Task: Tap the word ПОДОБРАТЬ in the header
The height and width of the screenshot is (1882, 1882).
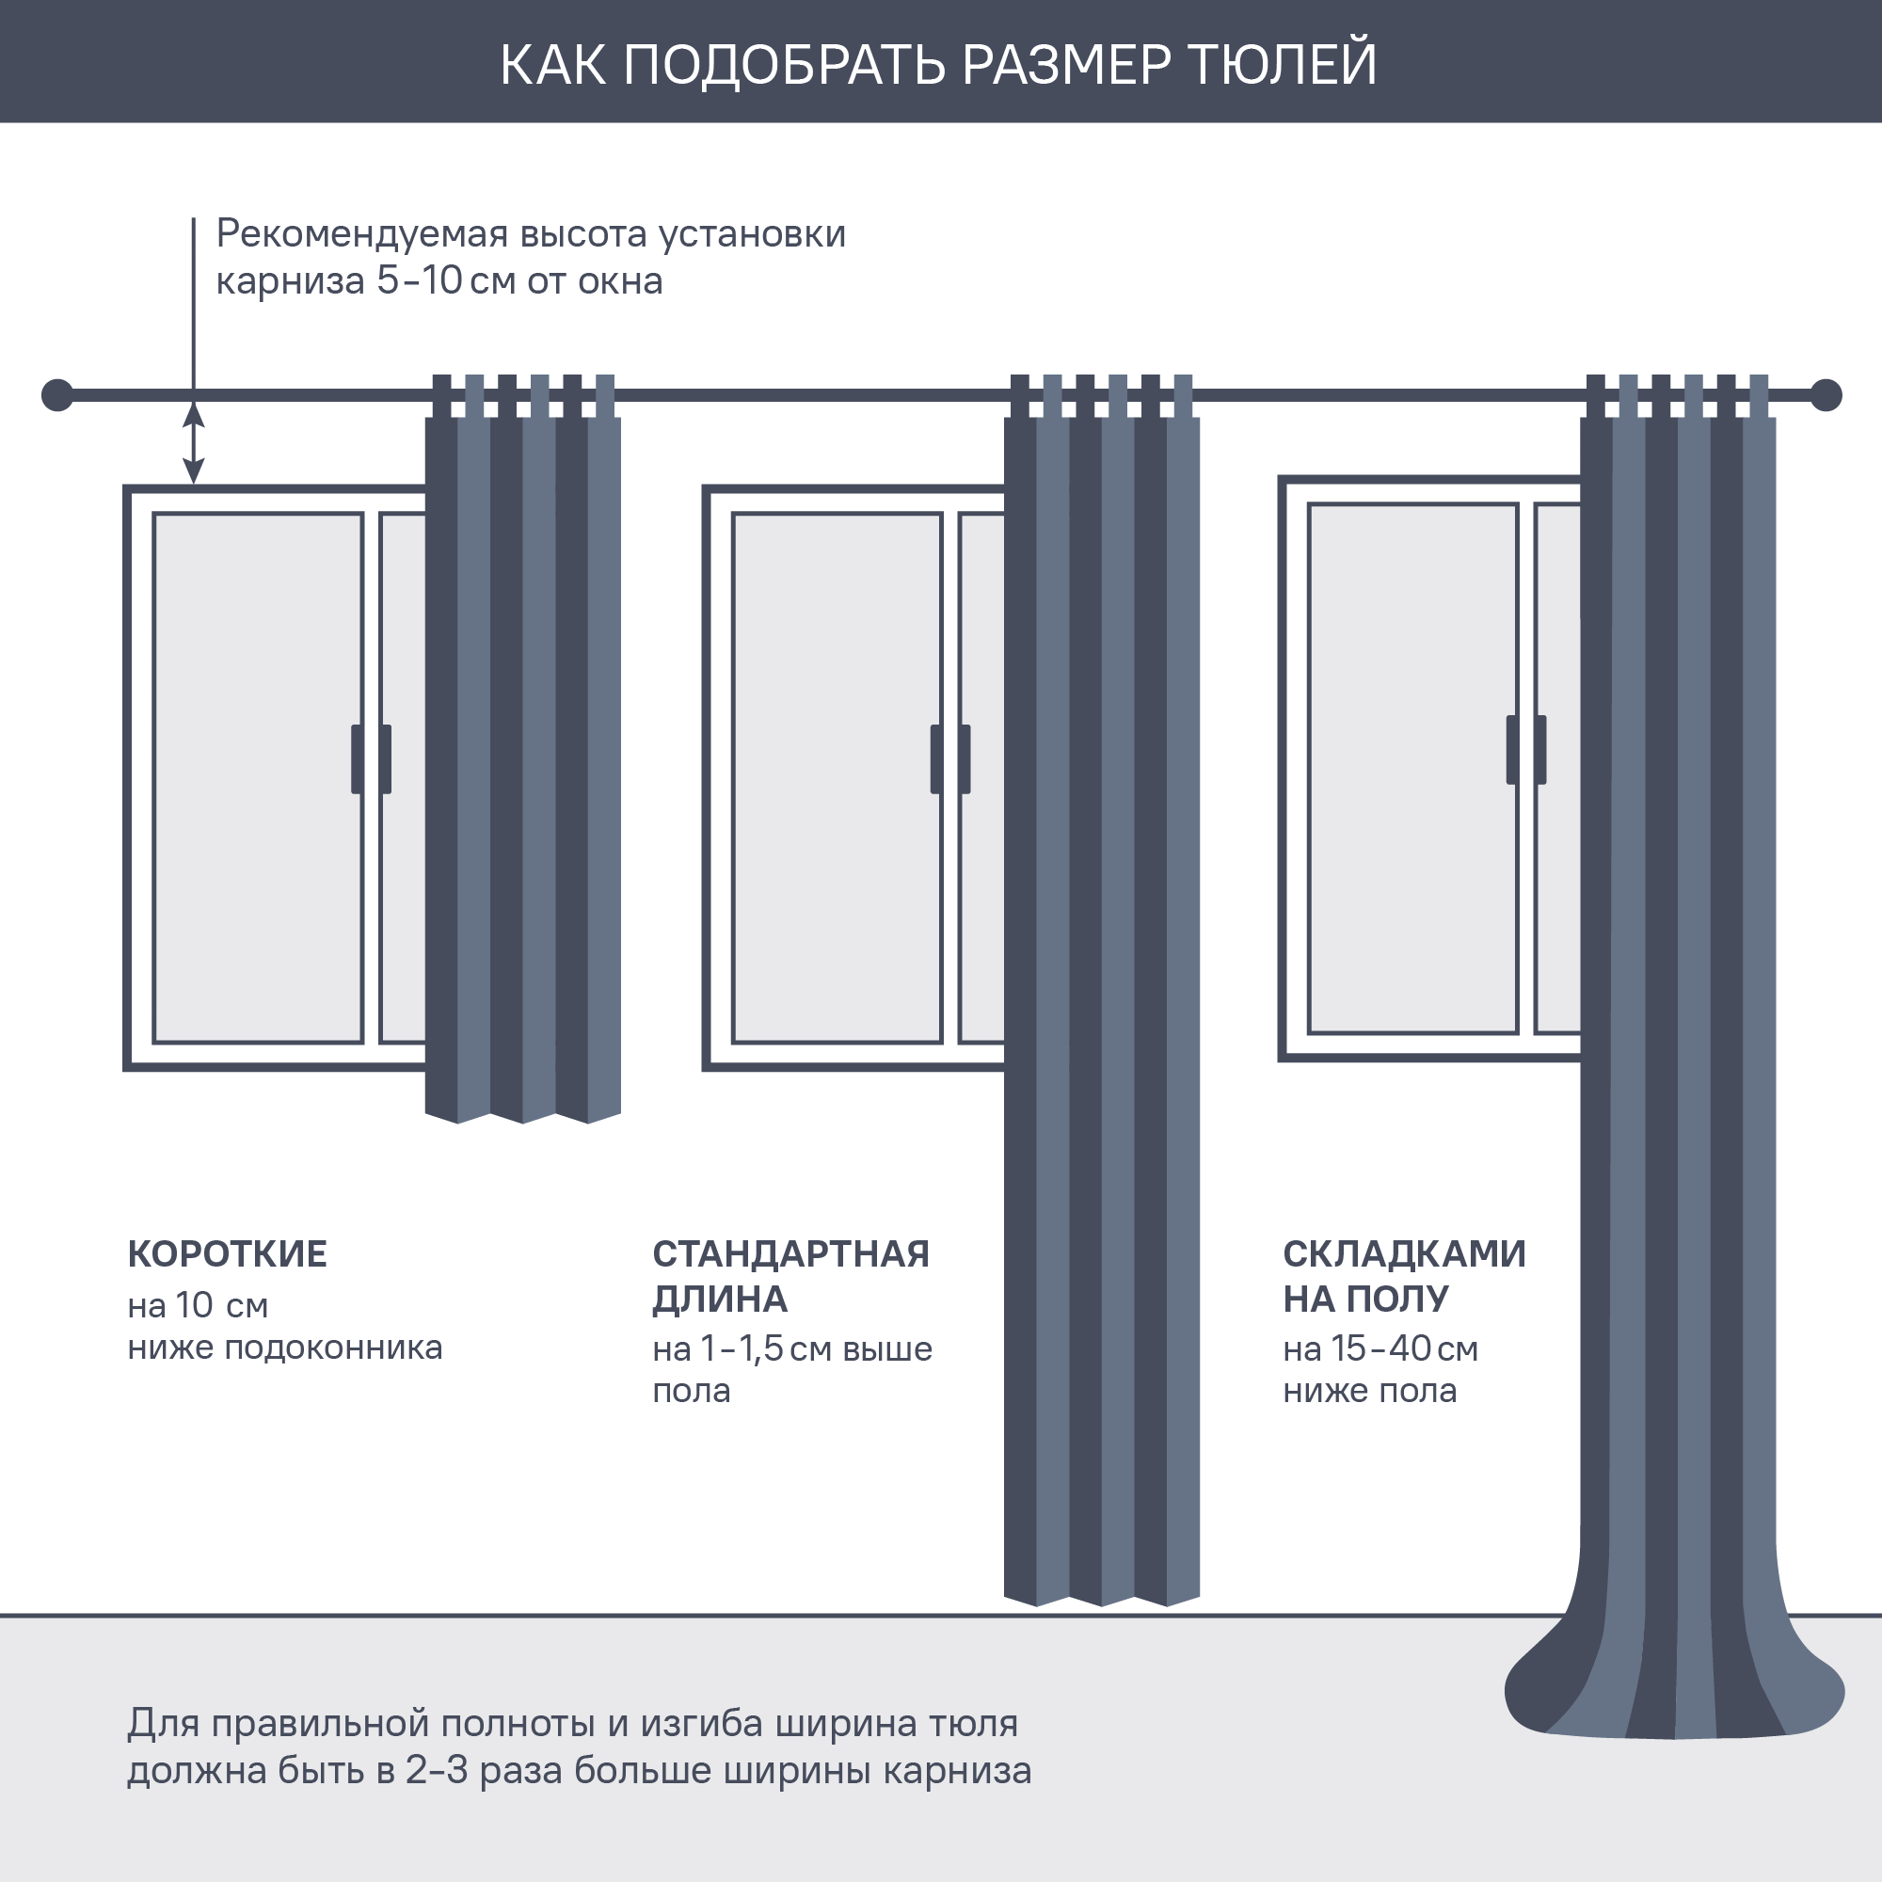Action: [x=784, y=64]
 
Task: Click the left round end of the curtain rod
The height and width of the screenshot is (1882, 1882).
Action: [x=57, y=395]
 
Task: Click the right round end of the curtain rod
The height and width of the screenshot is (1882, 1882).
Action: [x=1826, y=395]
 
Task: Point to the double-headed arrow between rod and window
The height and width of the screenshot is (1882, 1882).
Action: [x=194, y=442]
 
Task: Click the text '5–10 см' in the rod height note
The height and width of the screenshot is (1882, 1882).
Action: [x=446, y=281]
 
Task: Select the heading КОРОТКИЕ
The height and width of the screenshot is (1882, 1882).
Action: [x=227, y=1253]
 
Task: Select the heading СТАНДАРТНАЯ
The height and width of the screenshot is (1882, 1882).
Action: [x=790, y=1253]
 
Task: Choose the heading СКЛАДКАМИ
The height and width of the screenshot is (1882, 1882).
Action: [x=1404, y=1253]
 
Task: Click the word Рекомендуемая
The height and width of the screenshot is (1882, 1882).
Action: [x=362, y=233]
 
